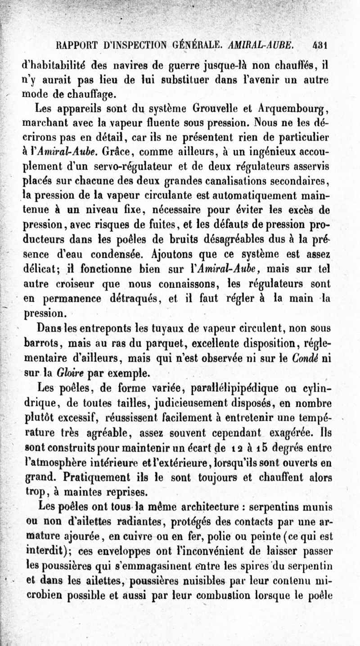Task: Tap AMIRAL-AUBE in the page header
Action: pyautogui.click(x=267, y=45)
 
